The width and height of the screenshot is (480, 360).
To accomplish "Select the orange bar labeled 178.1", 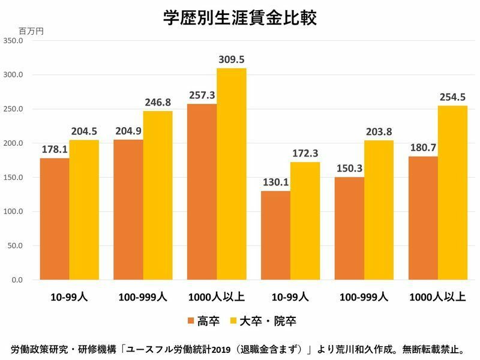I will click(55, 218).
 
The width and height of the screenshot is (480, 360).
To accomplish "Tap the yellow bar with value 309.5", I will click(231, 174).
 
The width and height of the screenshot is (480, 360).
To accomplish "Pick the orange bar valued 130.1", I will click(275, 235).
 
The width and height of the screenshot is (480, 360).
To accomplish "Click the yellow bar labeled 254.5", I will click(452, 193).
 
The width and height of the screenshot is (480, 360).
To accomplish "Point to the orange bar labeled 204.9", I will click(128, 209).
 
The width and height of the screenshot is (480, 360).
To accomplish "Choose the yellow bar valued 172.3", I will click(305, 221).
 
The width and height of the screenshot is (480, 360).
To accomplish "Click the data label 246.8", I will click(158, 102).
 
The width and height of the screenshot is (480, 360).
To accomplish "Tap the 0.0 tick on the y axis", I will click(16, 280).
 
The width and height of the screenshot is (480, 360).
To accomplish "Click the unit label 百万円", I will click(31, 30).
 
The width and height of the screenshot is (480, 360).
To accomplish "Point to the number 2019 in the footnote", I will click(221, 349).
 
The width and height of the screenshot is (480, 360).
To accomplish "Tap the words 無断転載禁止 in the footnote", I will click(437, 349).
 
